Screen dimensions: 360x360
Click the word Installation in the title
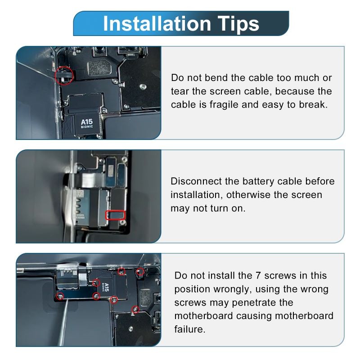(157, 24)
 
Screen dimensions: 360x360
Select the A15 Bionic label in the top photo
(87, 123)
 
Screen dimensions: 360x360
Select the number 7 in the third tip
(258, 275)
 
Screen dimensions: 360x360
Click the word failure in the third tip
(189, 329)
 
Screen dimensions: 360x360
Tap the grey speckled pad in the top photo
(100, 68)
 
